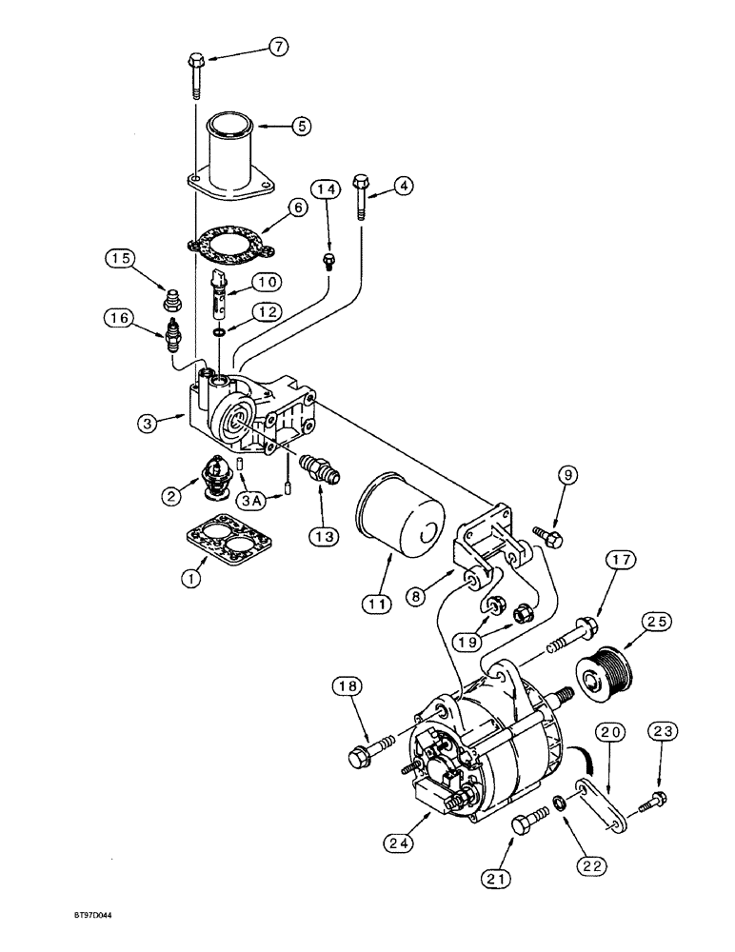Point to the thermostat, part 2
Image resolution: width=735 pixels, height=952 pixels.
pos(218,473)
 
